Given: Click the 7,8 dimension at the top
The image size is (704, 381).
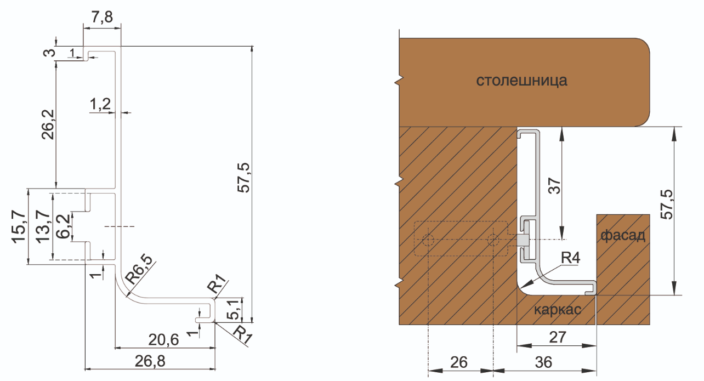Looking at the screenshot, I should (101, 17).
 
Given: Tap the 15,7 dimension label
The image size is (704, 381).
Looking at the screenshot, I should (18, 227).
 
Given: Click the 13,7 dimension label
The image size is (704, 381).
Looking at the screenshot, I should (41, 226).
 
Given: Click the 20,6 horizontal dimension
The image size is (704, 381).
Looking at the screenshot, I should (164, 339).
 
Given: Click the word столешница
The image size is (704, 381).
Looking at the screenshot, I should (521, 82).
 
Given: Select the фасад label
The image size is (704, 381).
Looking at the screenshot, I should (622, 236).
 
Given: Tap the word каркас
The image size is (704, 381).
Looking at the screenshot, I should (557, 309).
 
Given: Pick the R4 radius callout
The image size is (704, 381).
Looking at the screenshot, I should (570, 257).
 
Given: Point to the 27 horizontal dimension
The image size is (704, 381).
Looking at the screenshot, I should (557, 337).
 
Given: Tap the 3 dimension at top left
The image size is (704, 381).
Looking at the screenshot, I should (50, 53).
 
